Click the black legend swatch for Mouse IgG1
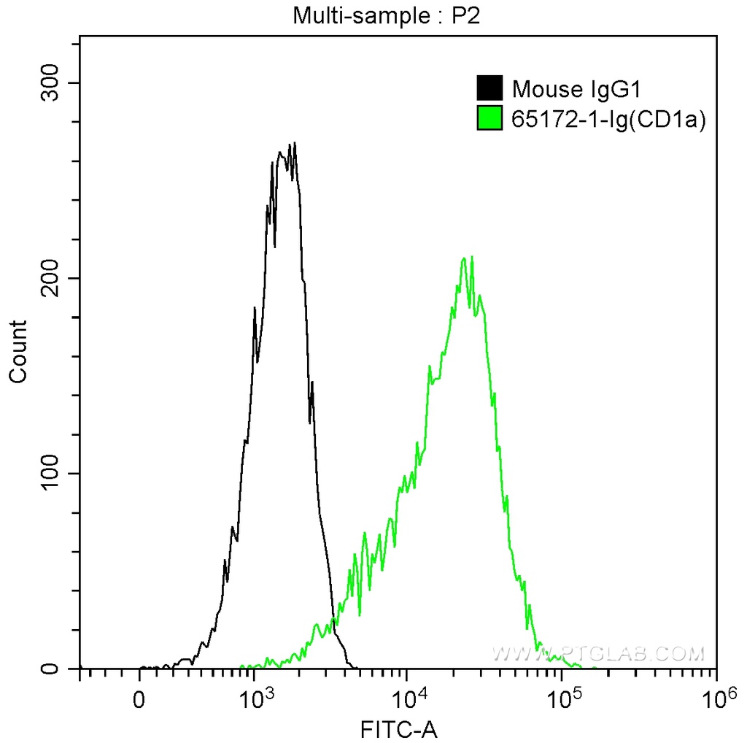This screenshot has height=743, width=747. pos(489,89)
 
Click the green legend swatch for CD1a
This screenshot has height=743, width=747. pos(489,117)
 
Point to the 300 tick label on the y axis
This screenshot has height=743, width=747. pos(53,83)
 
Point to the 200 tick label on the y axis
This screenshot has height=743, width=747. pos(53,278)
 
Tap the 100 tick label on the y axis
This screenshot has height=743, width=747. pos(53,473)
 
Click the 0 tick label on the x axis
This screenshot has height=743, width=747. pos(139,701)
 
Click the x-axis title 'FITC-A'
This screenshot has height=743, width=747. pos(400,728)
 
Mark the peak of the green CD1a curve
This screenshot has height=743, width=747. pos(472,257)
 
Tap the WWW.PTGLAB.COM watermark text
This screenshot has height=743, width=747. pos(598,652)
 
